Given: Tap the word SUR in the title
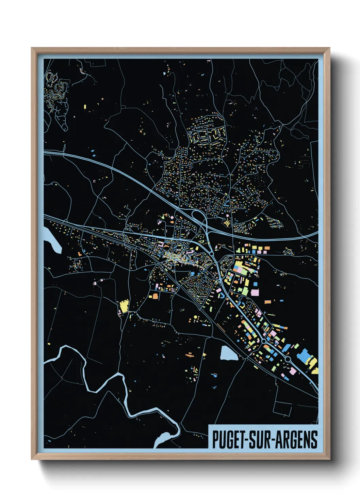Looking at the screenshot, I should tap(260, 440).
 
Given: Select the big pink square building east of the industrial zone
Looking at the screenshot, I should tap(255, 293).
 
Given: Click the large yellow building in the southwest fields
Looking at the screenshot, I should tap(124, 305).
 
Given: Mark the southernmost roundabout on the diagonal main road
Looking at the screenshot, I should tap(288, 359).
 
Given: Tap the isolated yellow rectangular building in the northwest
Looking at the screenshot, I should tap(85, 107).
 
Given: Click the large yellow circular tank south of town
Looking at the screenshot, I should tap(195, 317).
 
